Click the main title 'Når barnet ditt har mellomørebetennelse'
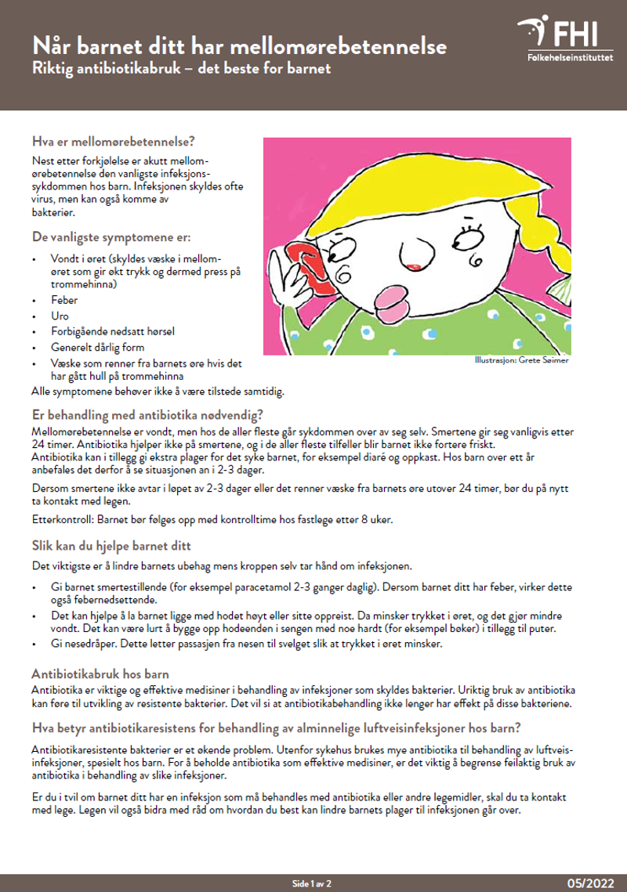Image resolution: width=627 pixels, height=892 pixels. coord(239,46)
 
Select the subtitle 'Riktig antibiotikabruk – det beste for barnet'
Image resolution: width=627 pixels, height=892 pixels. coord(182,68)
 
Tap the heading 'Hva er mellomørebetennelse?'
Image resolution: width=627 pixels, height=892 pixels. coord(113,142)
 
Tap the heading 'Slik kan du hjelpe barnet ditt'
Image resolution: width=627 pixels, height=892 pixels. coord(111,545)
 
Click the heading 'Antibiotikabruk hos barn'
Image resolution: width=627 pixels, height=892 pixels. coord(100,674)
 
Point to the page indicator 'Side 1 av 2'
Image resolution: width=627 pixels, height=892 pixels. coord(311,883)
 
